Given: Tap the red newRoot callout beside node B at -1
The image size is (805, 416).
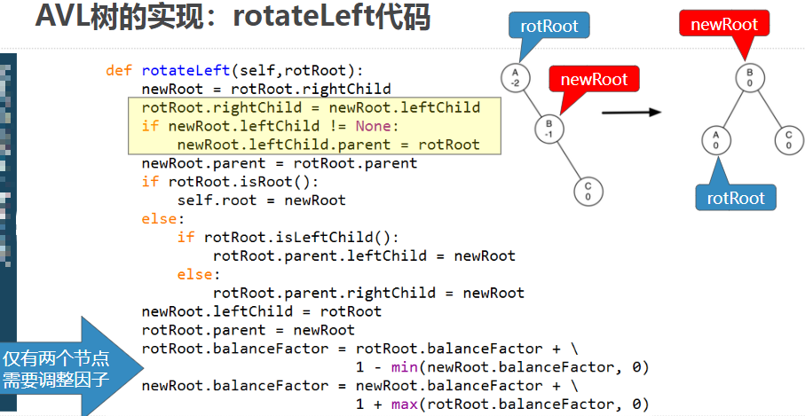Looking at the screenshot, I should (x=594, y=80).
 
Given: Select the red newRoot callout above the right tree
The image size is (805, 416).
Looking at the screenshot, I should (x=723, y=24).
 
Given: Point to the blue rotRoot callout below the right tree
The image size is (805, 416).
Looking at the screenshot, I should (x=736, y=197).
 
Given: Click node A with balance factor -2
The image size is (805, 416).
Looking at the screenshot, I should (x=515, y=77).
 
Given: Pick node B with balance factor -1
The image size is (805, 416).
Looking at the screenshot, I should (x=549, y=129).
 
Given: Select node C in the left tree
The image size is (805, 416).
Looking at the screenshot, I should (x=588, y=191).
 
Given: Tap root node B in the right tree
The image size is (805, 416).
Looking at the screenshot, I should (x=750, y=77).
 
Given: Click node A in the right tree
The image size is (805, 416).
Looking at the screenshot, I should (x=715, y=139).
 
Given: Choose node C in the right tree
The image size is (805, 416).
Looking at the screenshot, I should (x=787, y=139).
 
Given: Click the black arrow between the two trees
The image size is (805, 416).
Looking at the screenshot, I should (x=631, y=112).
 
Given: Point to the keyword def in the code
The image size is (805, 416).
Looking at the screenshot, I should (x=118, y=70).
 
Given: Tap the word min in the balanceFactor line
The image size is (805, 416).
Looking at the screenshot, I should (x=404, y=367).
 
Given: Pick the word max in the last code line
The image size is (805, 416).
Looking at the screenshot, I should (x=404, y=404).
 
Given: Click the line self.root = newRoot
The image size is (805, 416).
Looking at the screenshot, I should (x=261, y=200).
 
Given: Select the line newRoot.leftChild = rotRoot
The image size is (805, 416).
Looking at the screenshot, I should (x=261, y=311).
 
